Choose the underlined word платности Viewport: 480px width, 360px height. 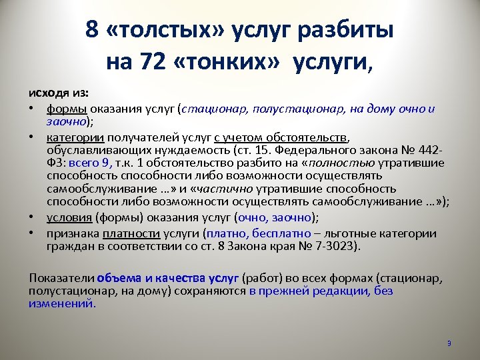click(x=132, y=233)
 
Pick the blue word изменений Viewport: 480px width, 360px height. click(x=61, y=303)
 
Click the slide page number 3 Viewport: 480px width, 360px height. click(x=449, y=343)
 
